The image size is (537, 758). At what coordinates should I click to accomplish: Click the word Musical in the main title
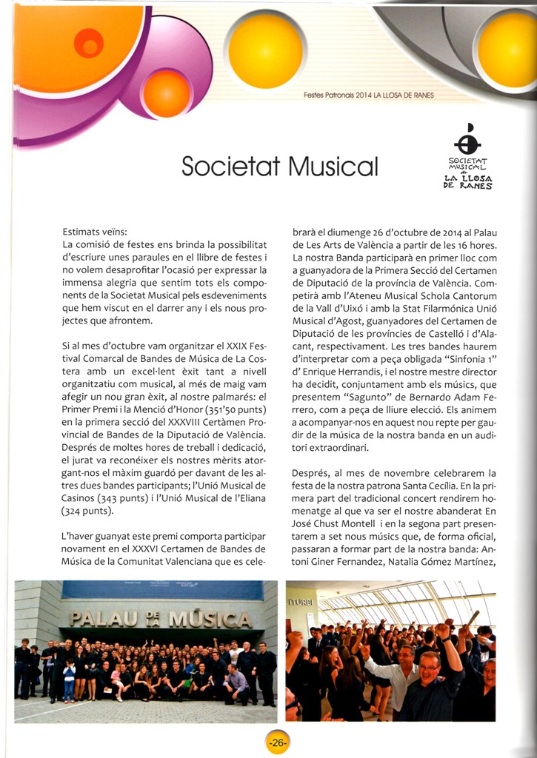[x=333, y=166]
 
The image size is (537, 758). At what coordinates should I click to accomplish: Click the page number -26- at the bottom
[x=277, y=742]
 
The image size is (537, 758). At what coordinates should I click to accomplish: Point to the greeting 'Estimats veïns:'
[x=96, y=232]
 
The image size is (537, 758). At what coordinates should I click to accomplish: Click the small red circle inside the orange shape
[x=89, y=43]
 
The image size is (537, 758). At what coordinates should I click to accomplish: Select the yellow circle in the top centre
[x=265, y=50]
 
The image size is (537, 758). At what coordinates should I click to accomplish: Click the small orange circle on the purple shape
[x=166, y=93]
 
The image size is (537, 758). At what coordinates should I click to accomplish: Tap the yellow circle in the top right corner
[x=507, y=50]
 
